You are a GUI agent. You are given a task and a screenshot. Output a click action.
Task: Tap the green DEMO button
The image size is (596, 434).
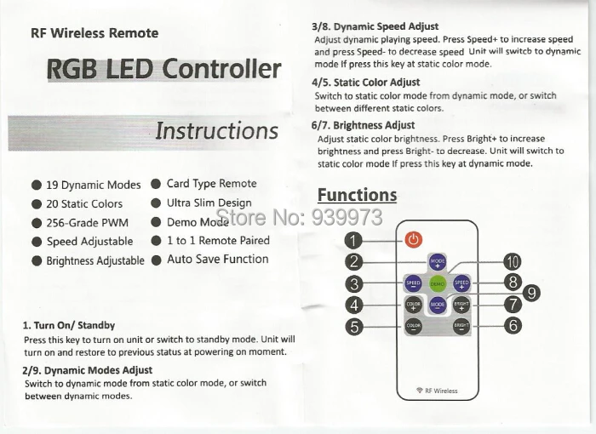point(438,283)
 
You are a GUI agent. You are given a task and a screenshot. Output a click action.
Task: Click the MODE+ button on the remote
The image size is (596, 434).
point(438,262)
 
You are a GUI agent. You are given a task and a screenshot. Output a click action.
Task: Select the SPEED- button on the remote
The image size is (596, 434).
point(413,283)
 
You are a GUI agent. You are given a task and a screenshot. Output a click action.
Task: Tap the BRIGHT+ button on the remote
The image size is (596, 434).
point(461,304)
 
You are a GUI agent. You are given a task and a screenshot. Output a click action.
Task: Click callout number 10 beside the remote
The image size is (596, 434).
point(513,261)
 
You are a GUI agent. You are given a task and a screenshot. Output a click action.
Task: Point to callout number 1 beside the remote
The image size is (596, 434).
point(355,240)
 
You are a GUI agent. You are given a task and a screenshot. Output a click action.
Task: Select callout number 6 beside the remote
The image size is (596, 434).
point(513,324)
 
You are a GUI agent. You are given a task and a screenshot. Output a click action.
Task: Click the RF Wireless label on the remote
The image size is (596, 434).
point(438,391)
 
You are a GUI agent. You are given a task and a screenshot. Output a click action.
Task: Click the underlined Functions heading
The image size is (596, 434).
point(357,195)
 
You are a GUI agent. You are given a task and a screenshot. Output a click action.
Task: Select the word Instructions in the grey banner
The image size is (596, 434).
point(216,131)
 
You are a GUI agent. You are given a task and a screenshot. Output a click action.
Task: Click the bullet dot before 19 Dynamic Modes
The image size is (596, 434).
point(37,185)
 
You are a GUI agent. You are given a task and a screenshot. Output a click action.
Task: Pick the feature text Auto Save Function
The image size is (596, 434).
point(217,259)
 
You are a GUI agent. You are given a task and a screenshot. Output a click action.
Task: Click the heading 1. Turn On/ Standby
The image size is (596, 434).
point(69,325)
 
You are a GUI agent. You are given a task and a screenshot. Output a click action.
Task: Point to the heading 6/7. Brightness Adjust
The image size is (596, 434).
point(363,125)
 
